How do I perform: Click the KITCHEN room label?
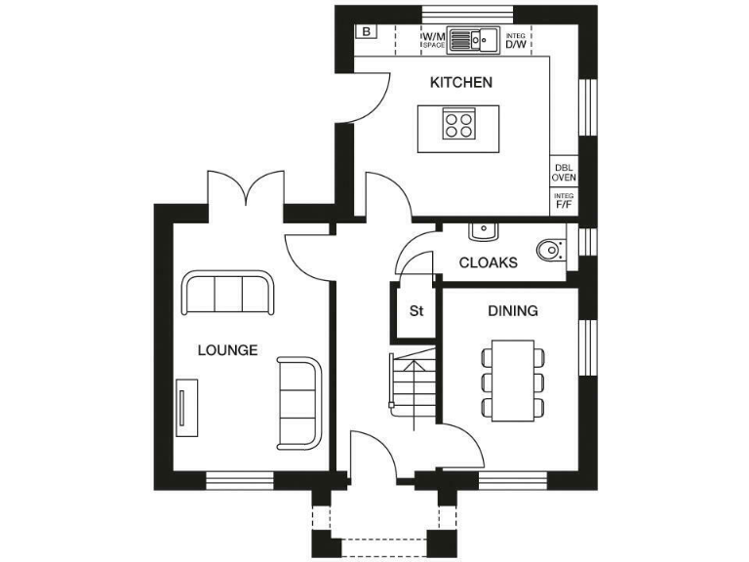(x=461, y=83)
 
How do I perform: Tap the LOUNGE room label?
(x=227, y=350)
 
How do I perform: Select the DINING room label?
(x=512, y=311)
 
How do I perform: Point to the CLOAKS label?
(x=488, y=262)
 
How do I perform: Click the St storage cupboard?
(x=415, y=312)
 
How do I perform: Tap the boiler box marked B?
(x=366, y=31)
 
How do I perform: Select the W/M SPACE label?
(x=433, y=40)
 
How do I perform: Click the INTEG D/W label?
(x=515, y=40)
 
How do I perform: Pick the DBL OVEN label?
(x=564, y=173)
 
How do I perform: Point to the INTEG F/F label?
(x=564, y=201)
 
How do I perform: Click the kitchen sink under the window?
(x=473, y=40)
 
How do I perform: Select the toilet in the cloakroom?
(x=552, y=250)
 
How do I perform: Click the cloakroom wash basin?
(x=483, y=231)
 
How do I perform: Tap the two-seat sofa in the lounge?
(x=298, y=401)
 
